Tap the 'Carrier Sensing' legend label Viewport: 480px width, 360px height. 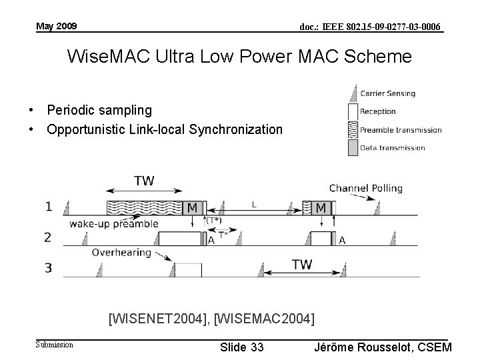[x=387, y=93]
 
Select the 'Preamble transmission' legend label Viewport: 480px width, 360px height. [x=401, y=129]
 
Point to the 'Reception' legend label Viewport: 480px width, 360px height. [x=378, y=111]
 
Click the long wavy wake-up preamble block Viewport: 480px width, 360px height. [x=144, y=207]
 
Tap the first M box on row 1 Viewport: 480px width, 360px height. [x=192, y=207]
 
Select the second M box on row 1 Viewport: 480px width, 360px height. [x=321, y=207]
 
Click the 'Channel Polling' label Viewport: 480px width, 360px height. [x=365, y=188]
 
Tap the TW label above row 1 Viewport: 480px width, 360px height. [x=145, y=181]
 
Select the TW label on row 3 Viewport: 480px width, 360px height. [x=302, y=265]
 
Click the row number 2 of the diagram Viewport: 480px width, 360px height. [x=67, y=237]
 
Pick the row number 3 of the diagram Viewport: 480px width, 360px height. [x=67, y=268]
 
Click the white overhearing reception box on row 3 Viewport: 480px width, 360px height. [x=188, y=269]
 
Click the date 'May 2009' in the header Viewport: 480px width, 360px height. [x=57, y=26]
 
